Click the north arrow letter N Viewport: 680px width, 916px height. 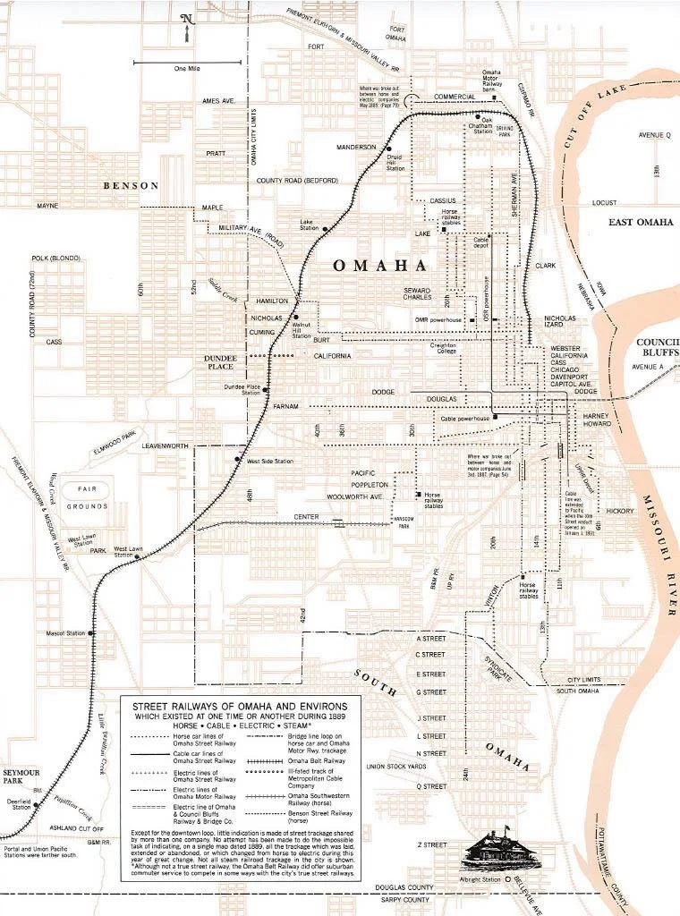pyautogui.click(x=186, y=18)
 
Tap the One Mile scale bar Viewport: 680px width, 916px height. pyautogui.click(x=188, y=63)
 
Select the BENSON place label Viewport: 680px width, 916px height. pyautogui.click(x=131, y=186)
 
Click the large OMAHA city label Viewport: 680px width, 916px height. pyautogui.click(x=379, y=266)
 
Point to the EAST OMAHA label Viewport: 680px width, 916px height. pyautogui.click(x=640, y=223)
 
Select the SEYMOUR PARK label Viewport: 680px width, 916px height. pyautogui.click(x=17, y=775)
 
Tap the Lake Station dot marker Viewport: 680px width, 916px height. pyautogui.click(x=327, y=229)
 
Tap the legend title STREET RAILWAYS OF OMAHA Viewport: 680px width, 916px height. pyautogui.click(x=241, y=706)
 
